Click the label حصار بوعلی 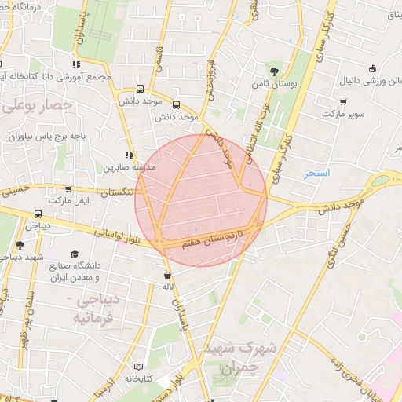click(x=38, y=104)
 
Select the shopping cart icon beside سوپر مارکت click(x=343, y=101)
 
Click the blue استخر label click(x=317, y=172)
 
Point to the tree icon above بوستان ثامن click(x=274, y=71)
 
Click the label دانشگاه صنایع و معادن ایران click(x=75, y=272)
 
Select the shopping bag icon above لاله click(x=168, y=276)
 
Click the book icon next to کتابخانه click(x=139, y=367)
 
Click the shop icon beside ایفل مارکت click(x=69, y=189)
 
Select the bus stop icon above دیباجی click(x=38, y=214)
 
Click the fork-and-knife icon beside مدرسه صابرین click(x=129, y=155)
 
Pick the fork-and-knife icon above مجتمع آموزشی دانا click(x=76, y=64)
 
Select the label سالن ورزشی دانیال click(x=369, y=80)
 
